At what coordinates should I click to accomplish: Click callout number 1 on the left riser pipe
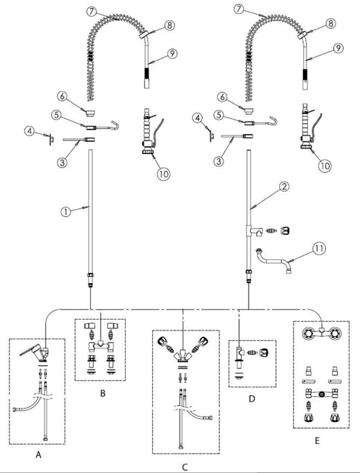pyautogui.click(x=66, y=212)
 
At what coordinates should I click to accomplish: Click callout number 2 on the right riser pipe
pyautogui.click(x=284, y=187)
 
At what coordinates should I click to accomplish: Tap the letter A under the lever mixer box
pyautogui.click(x=38, y=454)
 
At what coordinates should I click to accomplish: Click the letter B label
pyautogui.click(x=103, y=394)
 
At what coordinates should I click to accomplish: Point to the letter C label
pyautogui.click(x=185, y=468)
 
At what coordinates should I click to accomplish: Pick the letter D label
pyautogui.click(x=251, y=399)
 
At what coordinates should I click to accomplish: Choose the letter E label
pyautogui.click(x=317, y=440)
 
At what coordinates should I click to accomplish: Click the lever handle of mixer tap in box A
pyautogui.click(x=30, y=350)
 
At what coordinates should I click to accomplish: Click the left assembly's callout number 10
pyautogui.click(x=164, y=174)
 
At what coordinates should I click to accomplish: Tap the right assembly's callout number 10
pyautogui.click(x=325, y=166)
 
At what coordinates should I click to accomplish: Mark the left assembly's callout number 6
pyautogui.click(x=62, y=96)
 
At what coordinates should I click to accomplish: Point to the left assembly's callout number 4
pyautogui.click(x=30, y=131)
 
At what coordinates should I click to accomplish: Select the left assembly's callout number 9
pyautogui.click(x=172, y=54)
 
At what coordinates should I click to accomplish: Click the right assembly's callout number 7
pyautogui.click(x=239, y=9)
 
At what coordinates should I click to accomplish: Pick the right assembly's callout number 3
pyautogui.click(x=219, y=161)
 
